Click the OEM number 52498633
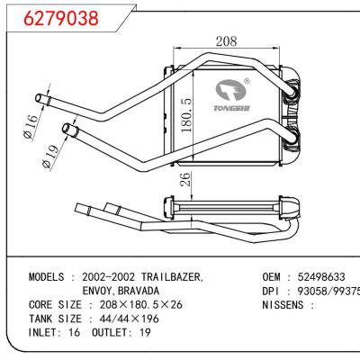(x=319, y=276)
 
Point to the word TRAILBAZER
(x=167, y=276)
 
